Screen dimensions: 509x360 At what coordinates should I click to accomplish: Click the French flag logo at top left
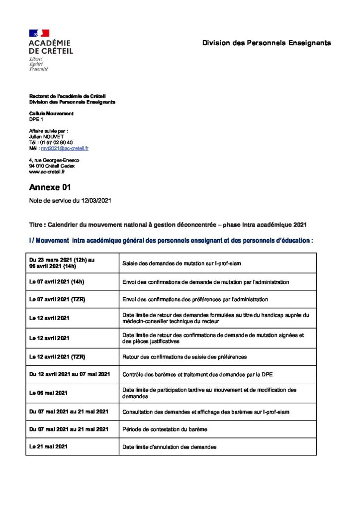pos(39,33)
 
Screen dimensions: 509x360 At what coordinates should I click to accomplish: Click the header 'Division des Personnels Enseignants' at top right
pos(266,43)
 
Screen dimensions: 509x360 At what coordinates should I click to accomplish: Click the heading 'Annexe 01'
pos(50,187)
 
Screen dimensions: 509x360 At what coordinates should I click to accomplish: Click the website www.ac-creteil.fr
pos(47,171)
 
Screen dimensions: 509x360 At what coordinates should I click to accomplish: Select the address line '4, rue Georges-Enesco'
pos(54,160)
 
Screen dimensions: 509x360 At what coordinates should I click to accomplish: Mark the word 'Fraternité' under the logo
pos(39,69)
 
